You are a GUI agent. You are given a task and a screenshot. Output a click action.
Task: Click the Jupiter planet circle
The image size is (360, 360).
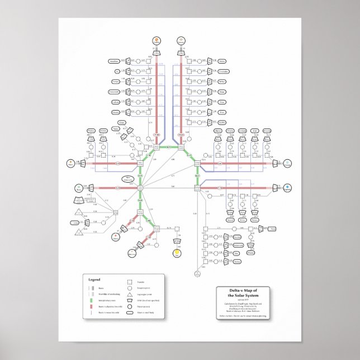[x=157, y=40]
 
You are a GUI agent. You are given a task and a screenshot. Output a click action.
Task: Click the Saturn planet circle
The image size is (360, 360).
[x=181, y=40]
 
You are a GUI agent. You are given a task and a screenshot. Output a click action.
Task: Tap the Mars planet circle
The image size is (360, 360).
[x=70, y=163]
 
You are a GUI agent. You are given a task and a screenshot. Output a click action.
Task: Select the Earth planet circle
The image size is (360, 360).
[x=78, y=188]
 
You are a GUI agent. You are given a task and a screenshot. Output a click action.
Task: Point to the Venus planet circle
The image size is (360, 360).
[x=116, y=236]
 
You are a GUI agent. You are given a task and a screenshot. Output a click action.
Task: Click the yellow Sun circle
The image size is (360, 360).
[x=177, y=253]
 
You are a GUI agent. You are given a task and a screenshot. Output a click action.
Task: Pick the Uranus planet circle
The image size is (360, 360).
[x=287, y=164]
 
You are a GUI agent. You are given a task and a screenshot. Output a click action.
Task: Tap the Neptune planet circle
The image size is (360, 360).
[x=287, y=187]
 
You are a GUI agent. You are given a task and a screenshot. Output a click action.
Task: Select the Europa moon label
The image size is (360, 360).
[x=117, y=82]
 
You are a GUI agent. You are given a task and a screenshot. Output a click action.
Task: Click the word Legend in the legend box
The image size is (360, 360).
[x=94, y=279]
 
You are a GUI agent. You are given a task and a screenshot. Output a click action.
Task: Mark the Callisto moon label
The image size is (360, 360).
[x=116, y=102]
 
